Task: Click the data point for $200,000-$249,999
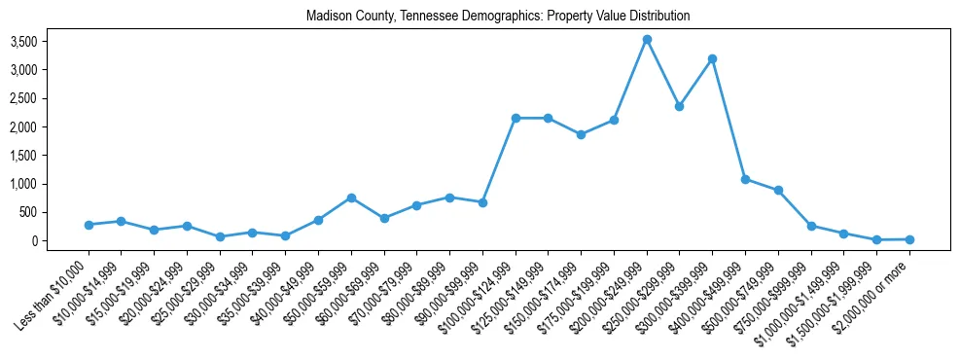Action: click(647, 40)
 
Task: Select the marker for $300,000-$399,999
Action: click(713, 59)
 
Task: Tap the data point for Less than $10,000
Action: click(89, 225)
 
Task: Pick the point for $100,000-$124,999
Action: click(516, 119)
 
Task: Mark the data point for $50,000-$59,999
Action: click(351, 198)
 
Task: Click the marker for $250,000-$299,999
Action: click(680, 106)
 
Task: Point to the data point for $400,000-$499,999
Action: click(745, 179)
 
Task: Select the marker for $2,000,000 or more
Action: click(909, 239)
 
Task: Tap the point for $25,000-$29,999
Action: click(220, 236)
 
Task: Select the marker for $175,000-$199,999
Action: click(614, 121)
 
